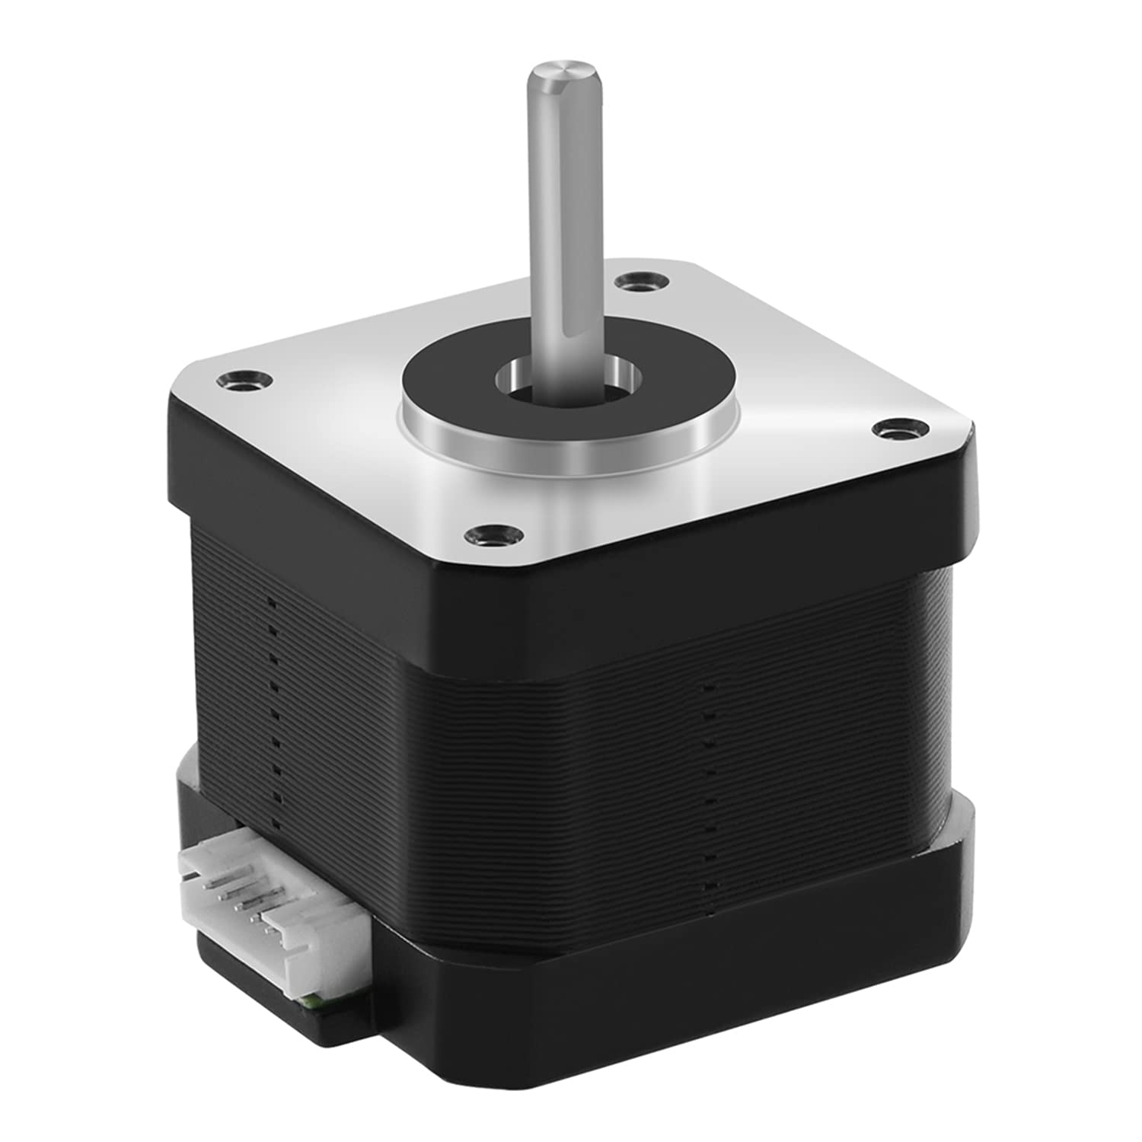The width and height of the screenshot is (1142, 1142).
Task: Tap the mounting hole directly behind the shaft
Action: click(640, 285)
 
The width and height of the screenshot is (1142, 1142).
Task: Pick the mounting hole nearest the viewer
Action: click(487, 534)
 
